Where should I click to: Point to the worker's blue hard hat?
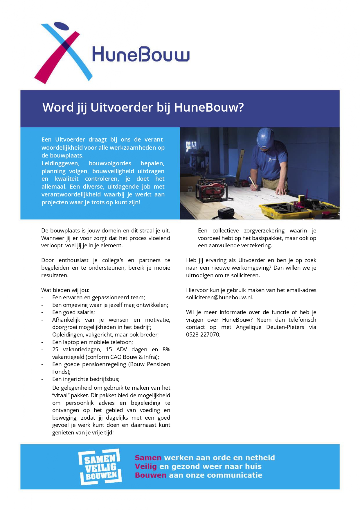[267, 138]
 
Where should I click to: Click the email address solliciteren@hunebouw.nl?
[219, 298]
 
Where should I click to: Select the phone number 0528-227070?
[203, 334]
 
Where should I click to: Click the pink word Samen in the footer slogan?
[148, 458]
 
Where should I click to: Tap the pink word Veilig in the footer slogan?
[146, 467]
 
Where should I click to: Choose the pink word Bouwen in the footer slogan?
[150, 475]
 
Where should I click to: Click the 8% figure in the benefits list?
[166, 350]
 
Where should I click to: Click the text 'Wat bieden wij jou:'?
[65, 290]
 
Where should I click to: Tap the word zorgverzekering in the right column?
[264, 231]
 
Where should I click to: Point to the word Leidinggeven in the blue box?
[60, 163]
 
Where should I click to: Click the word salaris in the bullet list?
[85, 312]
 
